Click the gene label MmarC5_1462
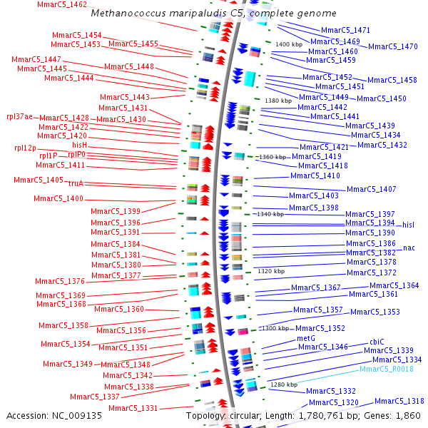[63, 5]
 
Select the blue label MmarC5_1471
[345, 31]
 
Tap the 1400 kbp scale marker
[288, 45]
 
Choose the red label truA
[76, 183]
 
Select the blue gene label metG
[305, 339]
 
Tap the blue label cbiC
[376, 342]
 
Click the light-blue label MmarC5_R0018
[386, 369]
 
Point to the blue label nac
[409, 248]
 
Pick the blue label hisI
[408, 225]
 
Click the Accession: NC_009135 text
[54, 415]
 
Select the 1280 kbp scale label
[283, 384]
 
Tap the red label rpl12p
[25, 148]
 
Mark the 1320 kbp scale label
[270, 271]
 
